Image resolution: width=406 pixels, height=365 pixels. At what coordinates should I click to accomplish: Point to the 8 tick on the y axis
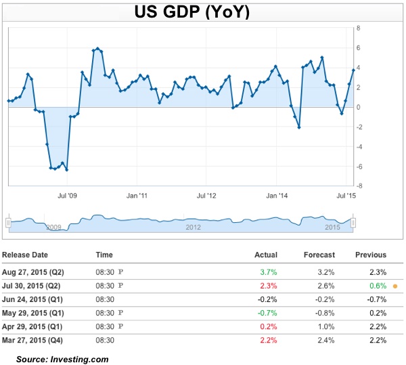point(358,28)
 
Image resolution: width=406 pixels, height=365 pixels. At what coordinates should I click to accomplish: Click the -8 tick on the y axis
point(359,186)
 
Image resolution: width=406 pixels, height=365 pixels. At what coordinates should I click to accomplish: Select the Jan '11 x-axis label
point(137,196)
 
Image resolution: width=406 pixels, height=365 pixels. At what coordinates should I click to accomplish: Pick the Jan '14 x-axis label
point(277,196)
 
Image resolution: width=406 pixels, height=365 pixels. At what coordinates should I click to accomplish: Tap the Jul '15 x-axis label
point(346,196)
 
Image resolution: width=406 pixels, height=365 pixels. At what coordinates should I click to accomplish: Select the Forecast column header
point(320,255)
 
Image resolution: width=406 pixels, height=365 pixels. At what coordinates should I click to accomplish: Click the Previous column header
point(371,255)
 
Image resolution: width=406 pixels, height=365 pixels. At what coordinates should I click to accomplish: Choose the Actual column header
point(267,255)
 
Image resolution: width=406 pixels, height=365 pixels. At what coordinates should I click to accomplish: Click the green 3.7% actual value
point(269,272)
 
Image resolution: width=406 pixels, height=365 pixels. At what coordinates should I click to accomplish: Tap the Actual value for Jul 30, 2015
point(269,286)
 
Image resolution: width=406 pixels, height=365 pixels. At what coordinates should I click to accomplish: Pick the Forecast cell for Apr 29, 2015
point(324,326)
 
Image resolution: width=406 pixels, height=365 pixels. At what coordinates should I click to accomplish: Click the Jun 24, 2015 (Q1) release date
point(32,299)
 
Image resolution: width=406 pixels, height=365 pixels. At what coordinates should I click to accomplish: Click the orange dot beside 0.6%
point(394,286)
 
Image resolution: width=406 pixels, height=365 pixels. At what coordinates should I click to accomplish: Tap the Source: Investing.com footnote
point(62,359)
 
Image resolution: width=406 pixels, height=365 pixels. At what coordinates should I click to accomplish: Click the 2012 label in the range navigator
point(193,227)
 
